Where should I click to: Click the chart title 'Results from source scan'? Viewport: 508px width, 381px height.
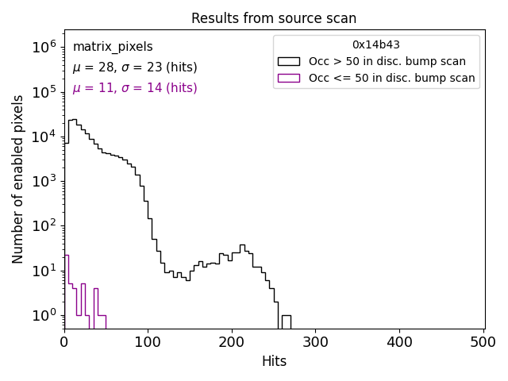tap(274, 18)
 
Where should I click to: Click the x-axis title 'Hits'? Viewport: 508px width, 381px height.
tap(274, 361)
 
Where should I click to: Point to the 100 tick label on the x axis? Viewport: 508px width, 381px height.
tap(148, 342)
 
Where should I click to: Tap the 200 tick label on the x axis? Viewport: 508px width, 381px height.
tap(232, 342)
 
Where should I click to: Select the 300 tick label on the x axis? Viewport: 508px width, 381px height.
tap(316, 342)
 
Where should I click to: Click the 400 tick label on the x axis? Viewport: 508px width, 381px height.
tap(400, 342)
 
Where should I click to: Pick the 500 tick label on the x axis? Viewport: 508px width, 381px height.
tap(483, 342)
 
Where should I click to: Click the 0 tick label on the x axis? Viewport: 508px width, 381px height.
tap(64, 342)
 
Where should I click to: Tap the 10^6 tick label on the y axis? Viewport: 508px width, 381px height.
tap(44, 48)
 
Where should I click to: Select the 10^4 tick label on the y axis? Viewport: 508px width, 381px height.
tap(44, 137)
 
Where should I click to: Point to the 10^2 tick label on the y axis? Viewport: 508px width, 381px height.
tap(44, 226)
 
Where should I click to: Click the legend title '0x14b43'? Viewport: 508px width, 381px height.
tap(376, 44)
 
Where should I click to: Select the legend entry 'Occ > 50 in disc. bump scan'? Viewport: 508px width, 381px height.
tap(387, 61)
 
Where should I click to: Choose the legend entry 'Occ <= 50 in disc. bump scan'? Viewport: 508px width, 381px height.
tap(392, 78)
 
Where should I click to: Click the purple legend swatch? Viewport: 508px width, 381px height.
tap(289, 78)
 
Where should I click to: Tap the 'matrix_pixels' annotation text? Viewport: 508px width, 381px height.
tap(113, 48)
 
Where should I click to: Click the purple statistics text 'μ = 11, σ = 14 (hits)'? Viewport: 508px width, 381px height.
tap(135, 88)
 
